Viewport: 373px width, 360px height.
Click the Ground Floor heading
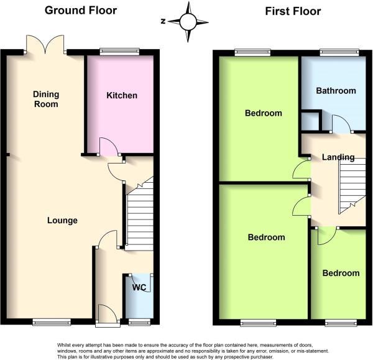coord(81,11)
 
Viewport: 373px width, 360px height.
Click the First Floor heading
coord(293,11)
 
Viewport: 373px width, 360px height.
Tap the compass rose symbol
coord(188,22)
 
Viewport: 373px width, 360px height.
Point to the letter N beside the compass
coord(163,21)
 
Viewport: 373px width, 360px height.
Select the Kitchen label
coord(122,95)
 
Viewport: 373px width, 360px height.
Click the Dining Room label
coord(46,99)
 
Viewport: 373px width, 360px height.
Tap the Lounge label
coord(62,220)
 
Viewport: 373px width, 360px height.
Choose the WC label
coord(139,287)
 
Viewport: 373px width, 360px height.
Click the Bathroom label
coord(336,91)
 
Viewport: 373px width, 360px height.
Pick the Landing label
coord(338,157)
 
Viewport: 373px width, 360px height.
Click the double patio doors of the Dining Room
coord(45,45)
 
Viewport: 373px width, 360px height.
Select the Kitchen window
coord(119,52)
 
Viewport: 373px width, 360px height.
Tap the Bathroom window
coord(339,52)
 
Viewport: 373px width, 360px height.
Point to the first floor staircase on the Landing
coord(352,185)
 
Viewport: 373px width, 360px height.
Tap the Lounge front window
coord(52,322)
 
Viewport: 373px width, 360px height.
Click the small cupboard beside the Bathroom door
coord(310,121)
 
